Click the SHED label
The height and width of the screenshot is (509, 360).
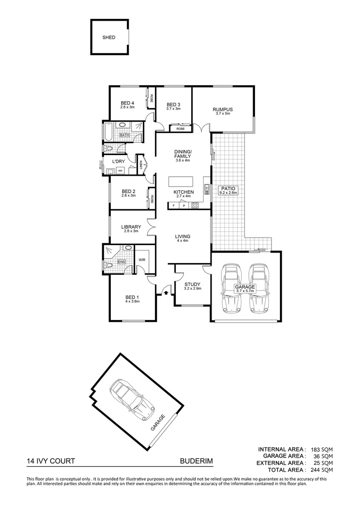point(109,37)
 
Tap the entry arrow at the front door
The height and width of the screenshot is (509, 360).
point(165,293)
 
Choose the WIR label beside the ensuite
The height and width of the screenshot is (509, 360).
point(142,259)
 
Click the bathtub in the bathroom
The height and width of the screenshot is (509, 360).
point(107,131)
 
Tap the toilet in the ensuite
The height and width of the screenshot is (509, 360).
point(109,266)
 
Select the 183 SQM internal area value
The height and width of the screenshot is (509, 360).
point(321,450)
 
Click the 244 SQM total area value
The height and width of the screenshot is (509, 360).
point(321,469)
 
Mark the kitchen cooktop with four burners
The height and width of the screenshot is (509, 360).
point(195,205)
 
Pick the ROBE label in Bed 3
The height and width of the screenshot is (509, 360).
point(180,129)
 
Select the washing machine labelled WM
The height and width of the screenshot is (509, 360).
point(120,170)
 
